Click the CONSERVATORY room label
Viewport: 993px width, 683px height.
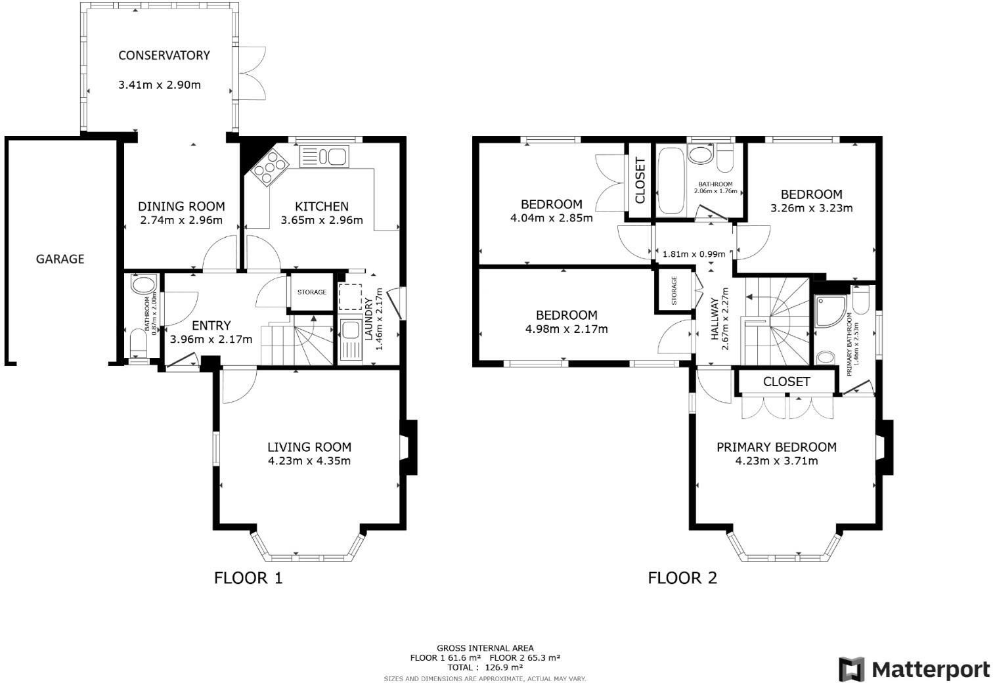tap(164, 55)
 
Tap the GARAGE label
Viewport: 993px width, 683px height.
tap(60, 259)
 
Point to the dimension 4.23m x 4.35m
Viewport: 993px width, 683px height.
tap(309, 461)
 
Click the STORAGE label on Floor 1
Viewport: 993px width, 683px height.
tap(311, 292)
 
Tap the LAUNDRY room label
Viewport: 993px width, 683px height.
tap(368, 319)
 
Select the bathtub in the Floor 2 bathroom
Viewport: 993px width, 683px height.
tap(671, 180)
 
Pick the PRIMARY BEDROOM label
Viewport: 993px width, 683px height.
tap(776, 447)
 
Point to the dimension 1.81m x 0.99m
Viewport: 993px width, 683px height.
tap(694, 254)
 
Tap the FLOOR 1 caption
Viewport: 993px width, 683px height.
tap(248, 578)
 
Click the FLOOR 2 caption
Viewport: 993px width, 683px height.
tap(682, 578)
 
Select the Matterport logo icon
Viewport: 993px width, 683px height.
tap(851, 669)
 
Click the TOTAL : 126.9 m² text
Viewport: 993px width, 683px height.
tap(485, 667)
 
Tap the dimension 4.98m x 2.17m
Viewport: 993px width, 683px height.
tap(566, 329)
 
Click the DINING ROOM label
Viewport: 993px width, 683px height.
tap(181, 206)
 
